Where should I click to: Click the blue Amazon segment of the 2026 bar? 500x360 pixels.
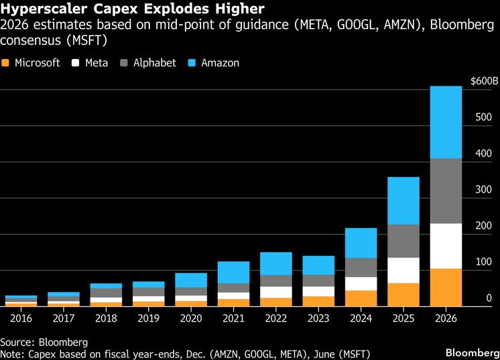(445, 122)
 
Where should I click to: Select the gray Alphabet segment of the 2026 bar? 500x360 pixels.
(445, 191)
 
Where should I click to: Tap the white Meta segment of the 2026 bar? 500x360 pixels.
(445, 246)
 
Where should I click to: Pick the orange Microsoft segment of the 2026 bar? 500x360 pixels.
(445, 288)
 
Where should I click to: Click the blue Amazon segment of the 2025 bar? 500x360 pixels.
(403, 200)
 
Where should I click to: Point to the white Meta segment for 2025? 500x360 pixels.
(403, 270)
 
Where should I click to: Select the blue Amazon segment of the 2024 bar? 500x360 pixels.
(361, 243)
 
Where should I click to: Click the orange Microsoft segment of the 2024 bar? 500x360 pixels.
(361, 298)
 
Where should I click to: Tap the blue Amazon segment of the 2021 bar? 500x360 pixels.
(233, 272)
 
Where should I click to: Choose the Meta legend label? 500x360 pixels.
(97, 63)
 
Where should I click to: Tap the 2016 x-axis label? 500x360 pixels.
(21, 318)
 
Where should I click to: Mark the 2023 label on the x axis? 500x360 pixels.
(318, 318)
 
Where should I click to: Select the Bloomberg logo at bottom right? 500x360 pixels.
(471, 352)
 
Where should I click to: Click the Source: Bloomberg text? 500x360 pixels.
(44, 341)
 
